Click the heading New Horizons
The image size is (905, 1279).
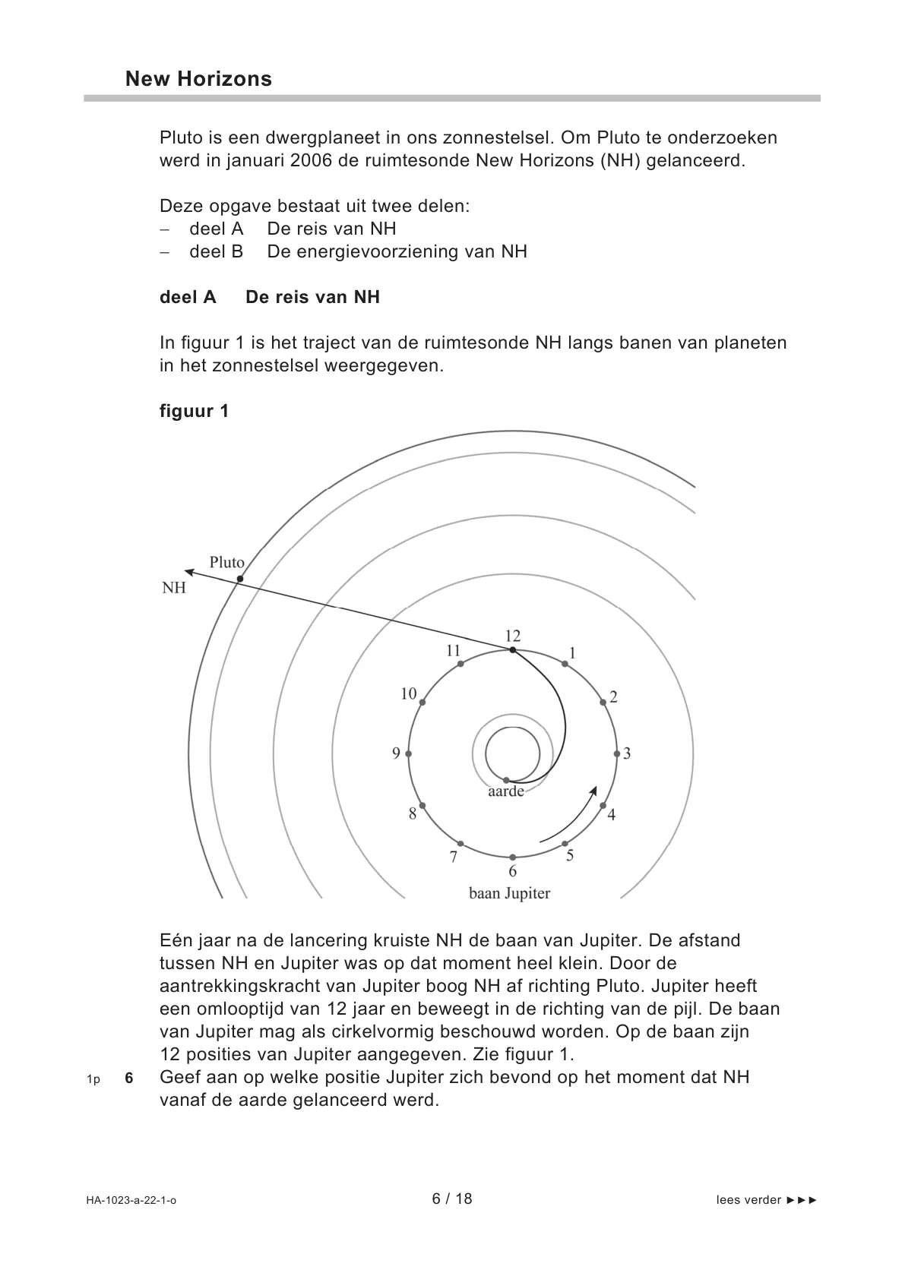point(198,79)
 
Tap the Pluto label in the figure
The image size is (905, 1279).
point(226,563)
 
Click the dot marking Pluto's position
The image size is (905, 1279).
point(239,579)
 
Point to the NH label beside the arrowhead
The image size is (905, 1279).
point(173,588)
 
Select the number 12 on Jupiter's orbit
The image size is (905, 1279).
point(513,636)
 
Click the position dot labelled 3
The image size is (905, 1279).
point(617,753)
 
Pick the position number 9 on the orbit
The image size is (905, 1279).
point(396,753)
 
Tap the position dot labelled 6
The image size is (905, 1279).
point(513,857)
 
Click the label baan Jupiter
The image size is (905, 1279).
point(509,893)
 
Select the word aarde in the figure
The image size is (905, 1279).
point(505,791)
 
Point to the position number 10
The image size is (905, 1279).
point(409,693)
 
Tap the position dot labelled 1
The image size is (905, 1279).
point(565,664)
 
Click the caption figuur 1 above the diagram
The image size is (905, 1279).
point(194,411)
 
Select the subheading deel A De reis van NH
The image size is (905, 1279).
point(270,297)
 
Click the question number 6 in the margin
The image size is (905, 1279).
point(129,1078)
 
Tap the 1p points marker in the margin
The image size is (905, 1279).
point(93,1078)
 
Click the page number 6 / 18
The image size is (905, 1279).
point(452,1198)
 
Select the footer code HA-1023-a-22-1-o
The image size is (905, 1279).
point(131,1200)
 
